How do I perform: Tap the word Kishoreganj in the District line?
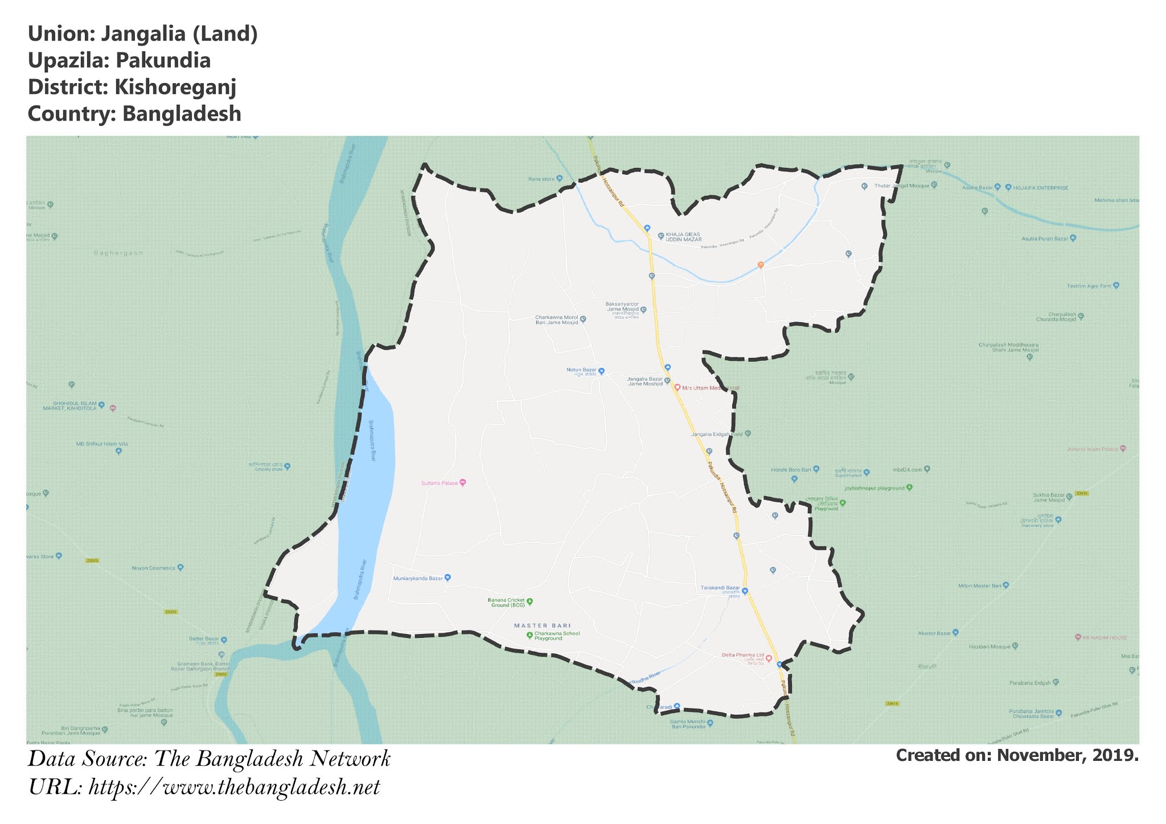(x=175, y=87)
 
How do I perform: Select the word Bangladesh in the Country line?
(x=182, y=114)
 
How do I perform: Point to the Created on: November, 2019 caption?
(x=1017, y=755)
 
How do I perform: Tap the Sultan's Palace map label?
(x=440, y=483)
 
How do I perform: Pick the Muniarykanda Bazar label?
(x=418, y=578)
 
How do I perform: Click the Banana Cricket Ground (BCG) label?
(x=506, y=602)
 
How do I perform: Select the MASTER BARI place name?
(x=542, y=625)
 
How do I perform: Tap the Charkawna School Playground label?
(x=557, y=636)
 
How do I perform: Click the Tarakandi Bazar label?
(x=720, y=588)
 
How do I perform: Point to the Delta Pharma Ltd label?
(x=742, y=655)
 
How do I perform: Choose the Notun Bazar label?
(x=581, y=370)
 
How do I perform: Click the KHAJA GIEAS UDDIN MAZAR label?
(x=683, y=237)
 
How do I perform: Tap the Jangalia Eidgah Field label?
(x=717, y=434)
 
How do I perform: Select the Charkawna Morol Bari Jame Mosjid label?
(x=556, y=320)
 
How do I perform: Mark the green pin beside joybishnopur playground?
(x=909, y=487)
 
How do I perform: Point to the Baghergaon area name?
(x=118, y=253)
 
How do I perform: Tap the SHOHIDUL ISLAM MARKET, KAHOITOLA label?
(x=70, y=406)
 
